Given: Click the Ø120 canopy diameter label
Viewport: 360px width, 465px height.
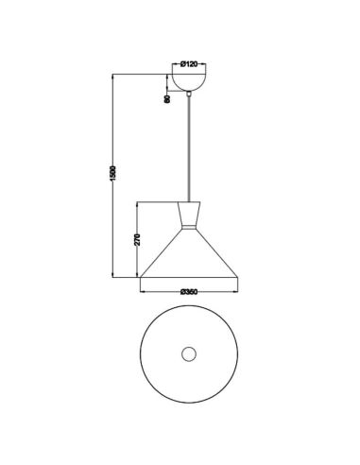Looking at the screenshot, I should pyautogui.click(x=187, y=65).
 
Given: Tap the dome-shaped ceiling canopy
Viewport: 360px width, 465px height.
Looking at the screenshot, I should pyautogui.click(x=187, y=84).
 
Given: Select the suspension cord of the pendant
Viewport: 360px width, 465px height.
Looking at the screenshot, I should pyautogui.click(x=187, y=151).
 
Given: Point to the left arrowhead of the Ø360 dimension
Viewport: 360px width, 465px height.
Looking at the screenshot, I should pyautogui.click(x=143, y=285).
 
